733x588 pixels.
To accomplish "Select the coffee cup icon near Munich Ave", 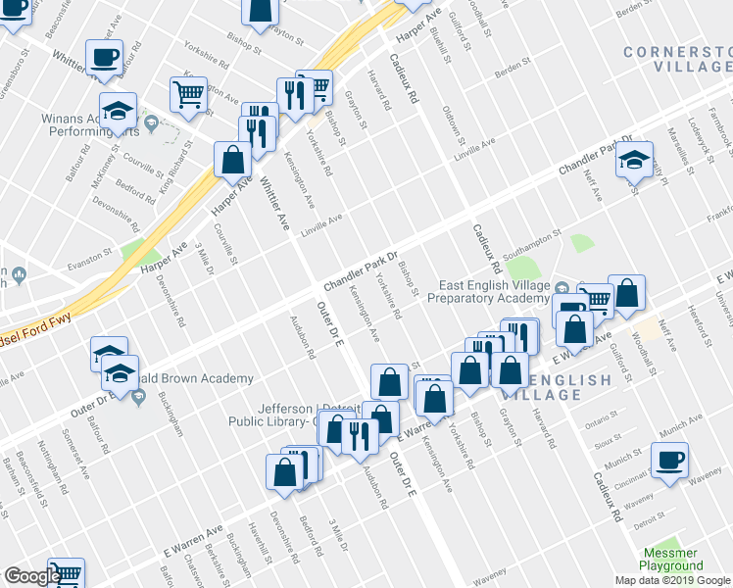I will pos(669,460).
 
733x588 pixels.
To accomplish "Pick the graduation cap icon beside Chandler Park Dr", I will pos(634,159).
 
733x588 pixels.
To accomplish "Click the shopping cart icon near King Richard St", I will pos(188,94).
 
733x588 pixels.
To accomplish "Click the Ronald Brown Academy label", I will pos(201,378).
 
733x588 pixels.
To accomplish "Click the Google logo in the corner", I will pos(31,576).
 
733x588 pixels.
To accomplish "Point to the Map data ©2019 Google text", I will pos(673,580).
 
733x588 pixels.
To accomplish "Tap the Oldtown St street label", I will pos(452,122).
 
